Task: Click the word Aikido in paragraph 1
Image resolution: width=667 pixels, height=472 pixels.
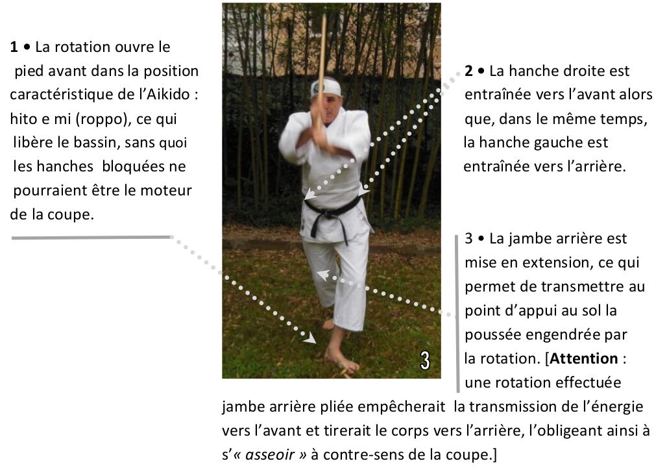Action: pyautogui.click(x=167, y=94)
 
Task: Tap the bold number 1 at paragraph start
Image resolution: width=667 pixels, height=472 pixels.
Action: pyautogui.click(x=14, y=46)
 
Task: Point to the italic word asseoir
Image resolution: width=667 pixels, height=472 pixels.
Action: pyautogui.click(x=270, y=454)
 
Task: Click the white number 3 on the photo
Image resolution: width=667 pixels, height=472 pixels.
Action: pyautogui.click(x=425, y=360)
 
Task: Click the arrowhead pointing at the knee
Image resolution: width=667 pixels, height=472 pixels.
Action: pyautogui.click(x=323, y=275)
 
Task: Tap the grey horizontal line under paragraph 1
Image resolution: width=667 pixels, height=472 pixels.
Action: pyautogui.click(x=92, y=237)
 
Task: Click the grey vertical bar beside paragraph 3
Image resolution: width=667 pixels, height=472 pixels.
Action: pyautogui.click(x=457, y=313)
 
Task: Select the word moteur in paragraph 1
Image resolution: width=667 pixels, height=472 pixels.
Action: pyautogui.click(x=166, y=190)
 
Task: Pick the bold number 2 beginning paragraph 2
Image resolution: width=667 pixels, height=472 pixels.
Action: pyautogui.click(x=468, y=71)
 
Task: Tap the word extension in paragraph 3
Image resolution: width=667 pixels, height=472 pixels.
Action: pyautogui.click(x=552, y=262)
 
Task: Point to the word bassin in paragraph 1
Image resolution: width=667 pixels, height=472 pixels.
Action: pyautogui.click(x=98, y=142)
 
